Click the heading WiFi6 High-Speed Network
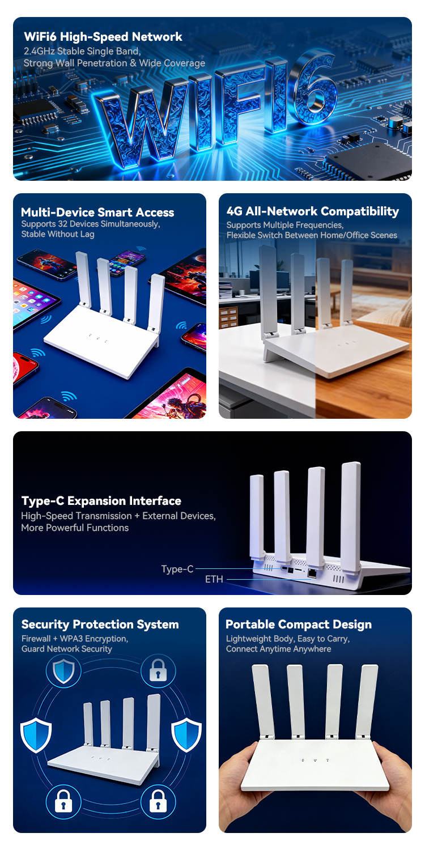click(103, 37)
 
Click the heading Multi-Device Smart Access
click(97, 212)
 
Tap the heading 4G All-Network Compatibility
click(312, 211)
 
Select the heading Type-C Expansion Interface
click(101, 501)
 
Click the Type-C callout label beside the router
click(177, 569)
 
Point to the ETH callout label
click(214, 579)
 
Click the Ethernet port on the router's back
click(312, 573)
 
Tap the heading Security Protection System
click(100, 624)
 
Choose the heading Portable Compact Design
click(299, 624)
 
